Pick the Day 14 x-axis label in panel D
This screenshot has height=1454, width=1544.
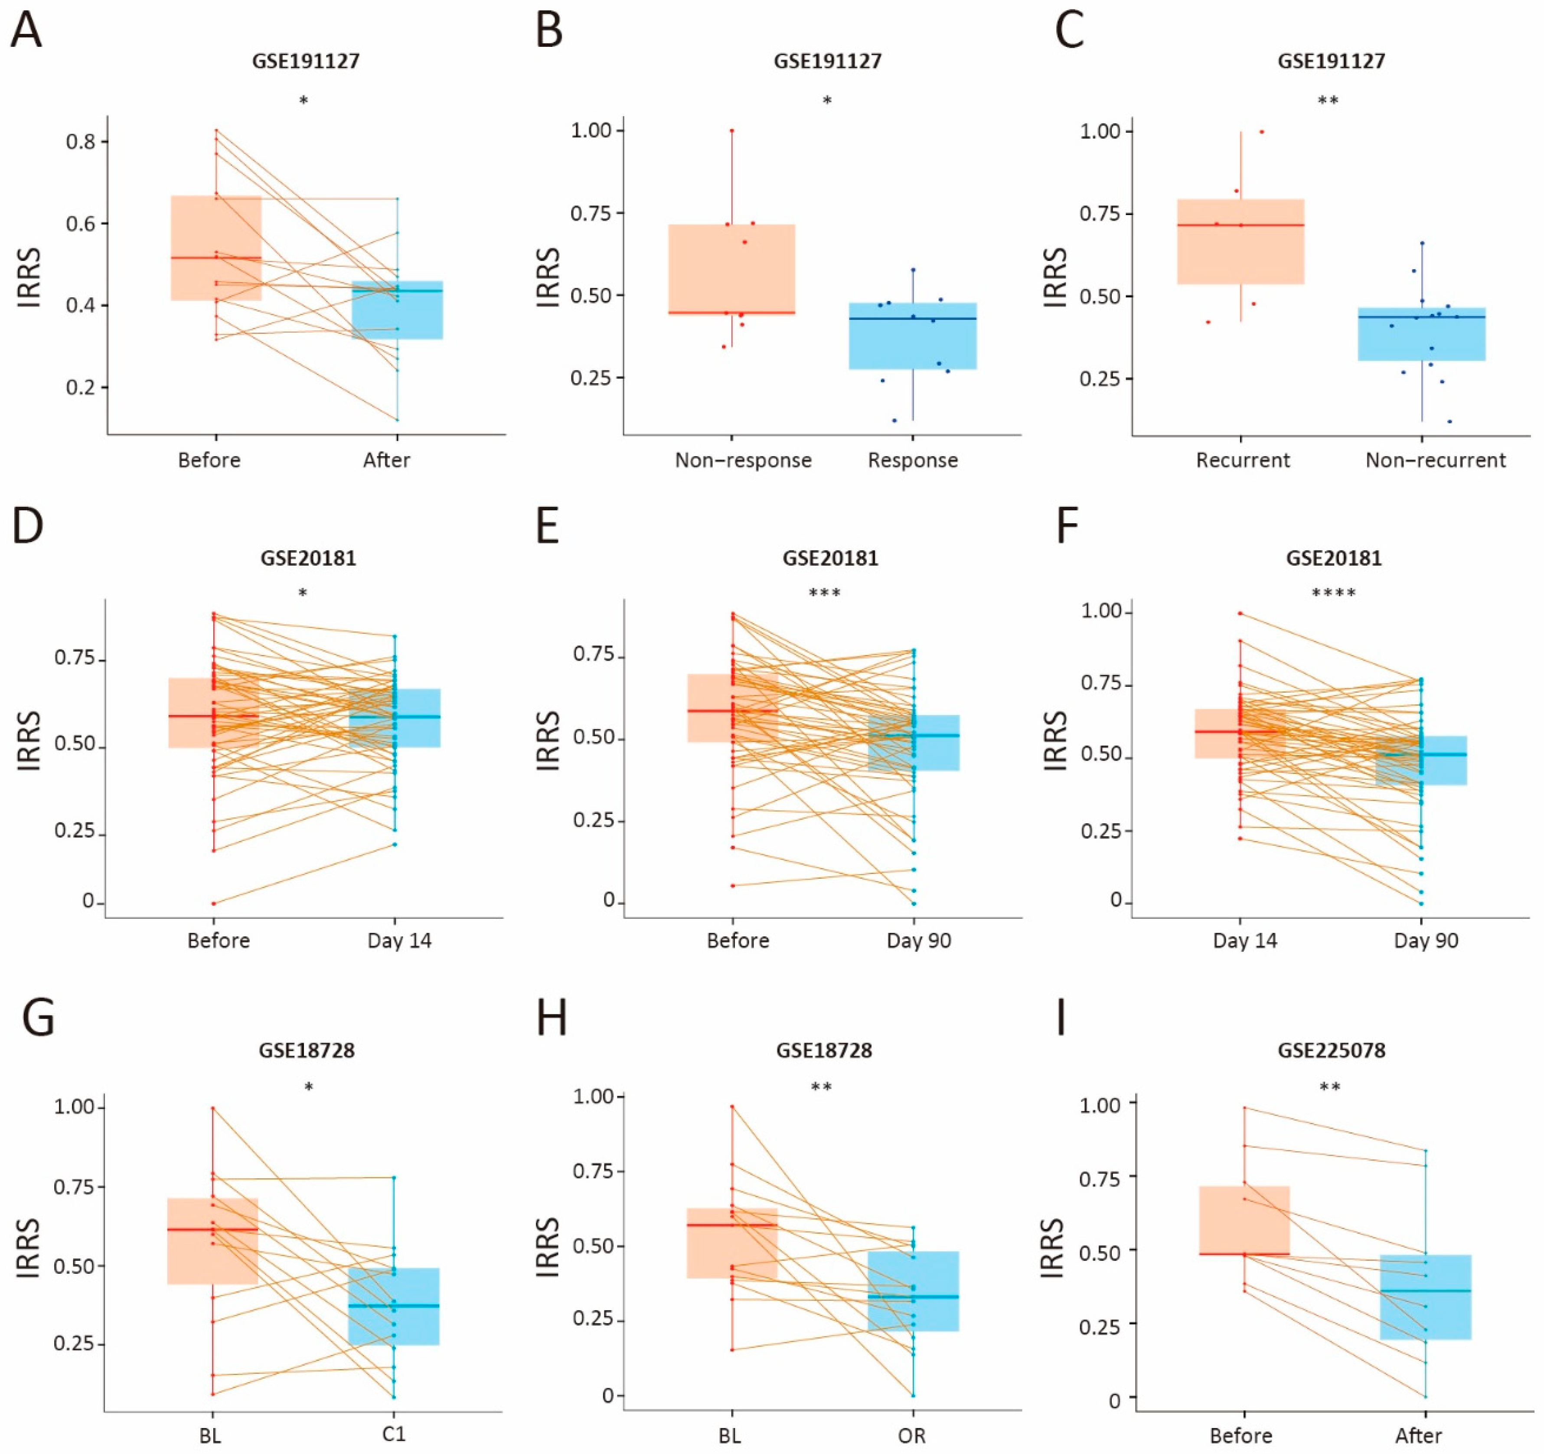click(399, 941)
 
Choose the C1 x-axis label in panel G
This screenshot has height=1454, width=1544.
click(394, 1434)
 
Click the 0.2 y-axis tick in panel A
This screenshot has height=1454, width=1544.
click(81, 387)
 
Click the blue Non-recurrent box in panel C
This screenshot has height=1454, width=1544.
click(1421, 334)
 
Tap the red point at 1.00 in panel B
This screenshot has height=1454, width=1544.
click(731, 130)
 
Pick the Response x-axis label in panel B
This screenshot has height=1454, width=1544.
click(913, 460)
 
